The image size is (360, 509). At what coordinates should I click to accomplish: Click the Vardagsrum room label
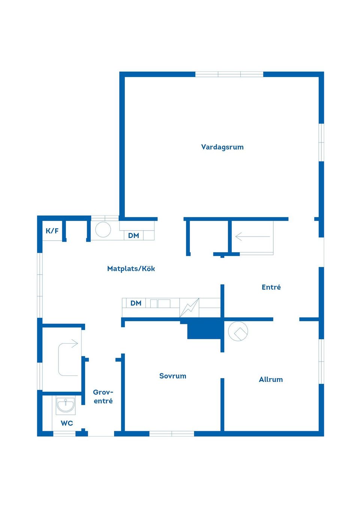click(x=222, y=147)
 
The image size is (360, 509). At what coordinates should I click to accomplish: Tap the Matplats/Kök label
click(x=131, y=269)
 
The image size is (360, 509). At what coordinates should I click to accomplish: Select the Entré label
click(x=271, y=287)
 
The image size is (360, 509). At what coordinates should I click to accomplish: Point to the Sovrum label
click(x=173, y=376)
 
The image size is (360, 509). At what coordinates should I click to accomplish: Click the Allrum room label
click(x=271, y=379)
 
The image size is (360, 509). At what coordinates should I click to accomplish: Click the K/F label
click(x=52, y=231)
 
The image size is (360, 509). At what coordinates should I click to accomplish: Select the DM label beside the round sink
click(x=133, y=236)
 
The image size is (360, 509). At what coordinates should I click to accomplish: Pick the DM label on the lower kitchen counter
click(x=136, y=303)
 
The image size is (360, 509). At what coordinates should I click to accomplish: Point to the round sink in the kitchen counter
click(x=103, y=229)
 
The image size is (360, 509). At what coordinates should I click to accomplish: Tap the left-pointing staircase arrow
click(x=253, y=237)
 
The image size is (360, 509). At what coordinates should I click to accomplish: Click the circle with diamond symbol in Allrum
click(x=238, y=331)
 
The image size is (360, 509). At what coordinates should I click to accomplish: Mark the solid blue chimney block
click(x=204, y=330)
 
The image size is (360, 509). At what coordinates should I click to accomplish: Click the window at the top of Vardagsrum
click(x=229, y=74)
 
